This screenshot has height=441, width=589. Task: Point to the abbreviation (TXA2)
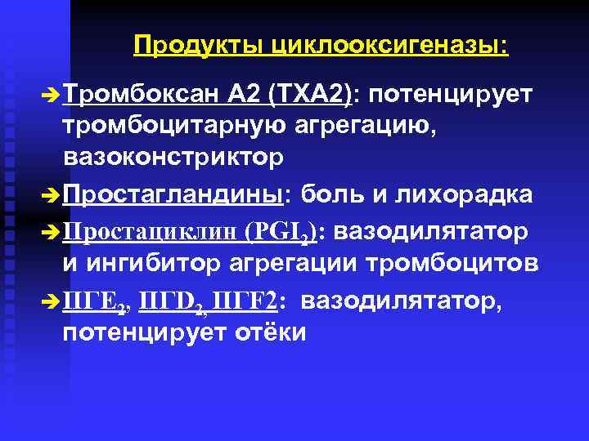[309, 95]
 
